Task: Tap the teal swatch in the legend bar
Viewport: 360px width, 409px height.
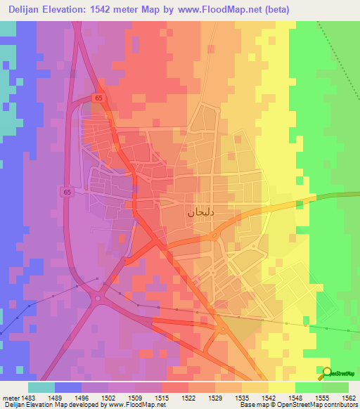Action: (x=41, y=387)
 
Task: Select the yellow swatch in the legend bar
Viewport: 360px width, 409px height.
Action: (x=282, y=387)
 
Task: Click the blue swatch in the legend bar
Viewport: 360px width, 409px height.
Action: (x=68, y=387)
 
